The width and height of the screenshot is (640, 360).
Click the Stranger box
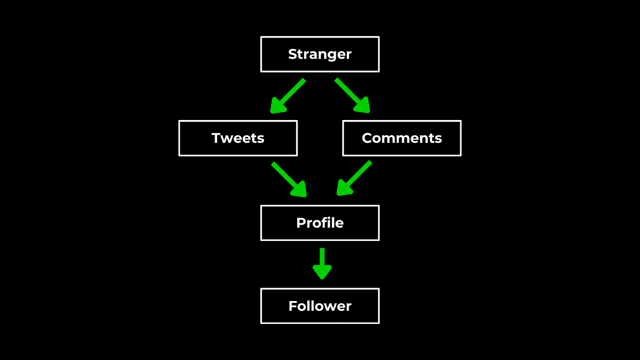pos(320,54)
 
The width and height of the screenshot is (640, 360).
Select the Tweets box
pos(238,138)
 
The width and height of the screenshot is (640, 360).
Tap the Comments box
pos(401,138)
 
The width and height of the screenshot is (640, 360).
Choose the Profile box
pos(320,223)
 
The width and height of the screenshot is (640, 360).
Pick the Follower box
pos(320,306)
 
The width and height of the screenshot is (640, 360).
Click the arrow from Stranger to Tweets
pos(289,95)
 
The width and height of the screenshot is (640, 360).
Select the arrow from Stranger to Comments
pos(352,95)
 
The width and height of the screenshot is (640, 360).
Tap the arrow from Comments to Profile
pos(355,178)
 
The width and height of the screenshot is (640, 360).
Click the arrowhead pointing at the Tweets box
pos(278,106)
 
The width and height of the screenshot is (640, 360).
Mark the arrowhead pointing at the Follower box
pos(322,272)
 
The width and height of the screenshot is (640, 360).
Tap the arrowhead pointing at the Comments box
pos(363,106)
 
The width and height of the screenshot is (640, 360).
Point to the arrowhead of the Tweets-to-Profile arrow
pos(299,190)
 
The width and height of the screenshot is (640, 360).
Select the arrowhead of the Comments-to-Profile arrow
pos(344,189)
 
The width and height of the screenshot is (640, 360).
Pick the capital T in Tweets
pos(216,138)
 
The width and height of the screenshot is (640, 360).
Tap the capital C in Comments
pos(367,138)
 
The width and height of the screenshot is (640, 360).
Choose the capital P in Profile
pos(301,223)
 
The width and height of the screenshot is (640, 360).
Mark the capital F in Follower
pos(293,306)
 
